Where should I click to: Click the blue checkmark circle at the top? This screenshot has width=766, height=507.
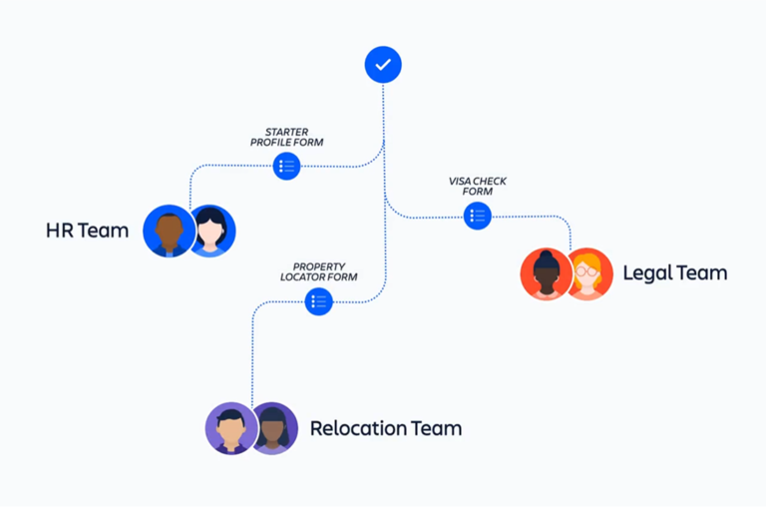[383, 65]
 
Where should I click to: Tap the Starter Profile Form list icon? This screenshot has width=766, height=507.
[286, 166]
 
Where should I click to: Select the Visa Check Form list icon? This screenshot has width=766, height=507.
[478, 216]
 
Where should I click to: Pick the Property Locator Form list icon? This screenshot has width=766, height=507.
[318, 301]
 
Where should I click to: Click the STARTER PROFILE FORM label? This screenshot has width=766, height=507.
[286, 137]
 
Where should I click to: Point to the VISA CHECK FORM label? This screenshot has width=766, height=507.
[478, 186]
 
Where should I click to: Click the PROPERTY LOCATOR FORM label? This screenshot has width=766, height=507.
[318, 271]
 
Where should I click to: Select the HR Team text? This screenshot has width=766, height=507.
[87, 231]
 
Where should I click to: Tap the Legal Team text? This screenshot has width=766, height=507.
[674, 272]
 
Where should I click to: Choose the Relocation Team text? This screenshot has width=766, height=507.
[385, 428]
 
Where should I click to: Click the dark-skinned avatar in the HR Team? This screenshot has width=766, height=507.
[169, 232]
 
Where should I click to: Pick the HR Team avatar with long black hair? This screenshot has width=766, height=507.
[211, 232]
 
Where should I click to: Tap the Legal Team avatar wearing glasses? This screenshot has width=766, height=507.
[588, 273]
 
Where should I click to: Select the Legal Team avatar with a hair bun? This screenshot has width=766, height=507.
[546, 273]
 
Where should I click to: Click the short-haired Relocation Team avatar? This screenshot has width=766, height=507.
[230, 428]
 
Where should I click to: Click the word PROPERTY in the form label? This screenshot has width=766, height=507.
[318, 266]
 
